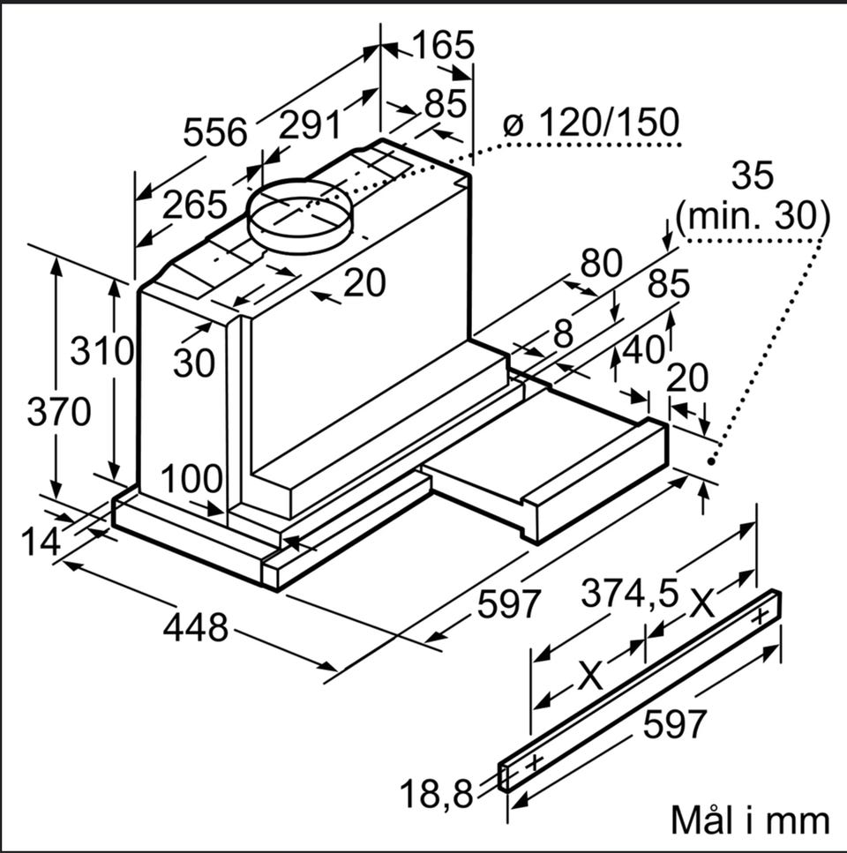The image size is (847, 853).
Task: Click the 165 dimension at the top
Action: [444, 45]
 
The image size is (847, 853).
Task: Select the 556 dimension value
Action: [215, 131]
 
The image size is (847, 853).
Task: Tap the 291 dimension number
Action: [310, 124]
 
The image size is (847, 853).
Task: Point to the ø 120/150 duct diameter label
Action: [591, 122]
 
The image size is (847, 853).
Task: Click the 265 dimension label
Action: [194, 204]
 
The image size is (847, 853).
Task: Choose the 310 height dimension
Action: [101, 350]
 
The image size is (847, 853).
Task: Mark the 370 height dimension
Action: [59, 411]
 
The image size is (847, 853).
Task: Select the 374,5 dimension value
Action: [630, 593]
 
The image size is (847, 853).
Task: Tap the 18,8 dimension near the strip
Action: [437, 794]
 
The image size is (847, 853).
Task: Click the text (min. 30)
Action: [753, 216]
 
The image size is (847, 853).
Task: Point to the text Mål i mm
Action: [751, 819]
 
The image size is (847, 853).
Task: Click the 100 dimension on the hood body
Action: [192, 479]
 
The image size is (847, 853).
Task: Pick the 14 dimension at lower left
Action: [41, 542]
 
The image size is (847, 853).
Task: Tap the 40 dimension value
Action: [643, 349]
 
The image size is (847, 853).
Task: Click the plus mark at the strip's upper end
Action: [760, 616]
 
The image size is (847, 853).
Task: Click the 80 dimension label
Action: [601, 263]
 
